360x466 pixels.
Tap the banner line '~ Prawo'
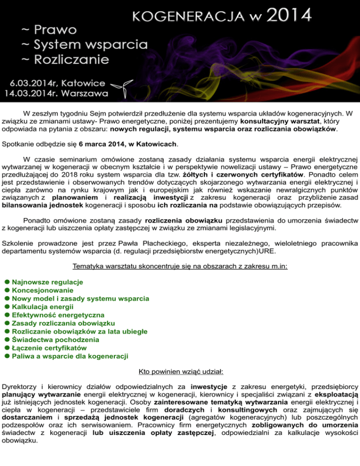pos(49,31)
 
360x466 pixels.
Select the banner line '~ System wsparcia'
pos(84,45)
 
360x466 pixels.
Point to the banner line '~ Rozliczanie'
pos(65,60)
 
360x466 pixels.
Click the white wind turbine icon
pos(121,86)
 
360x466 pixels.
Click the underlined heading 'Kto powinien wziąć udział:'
pos(180,372)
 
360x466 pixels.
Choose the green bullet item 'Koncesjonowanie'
pos(42,290)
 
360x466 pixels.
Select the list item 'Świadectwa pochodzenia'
pos(54,340)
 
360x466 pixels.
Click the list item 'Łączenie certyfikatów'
pos(50,348)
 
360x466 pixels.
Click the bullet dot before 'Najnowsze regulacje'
pos(7,282)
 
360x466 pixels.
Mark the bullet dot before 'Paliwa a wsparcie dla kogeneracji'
pos(7,356)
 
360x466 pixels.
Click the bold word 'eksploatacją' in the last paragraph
pos(334,396)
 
